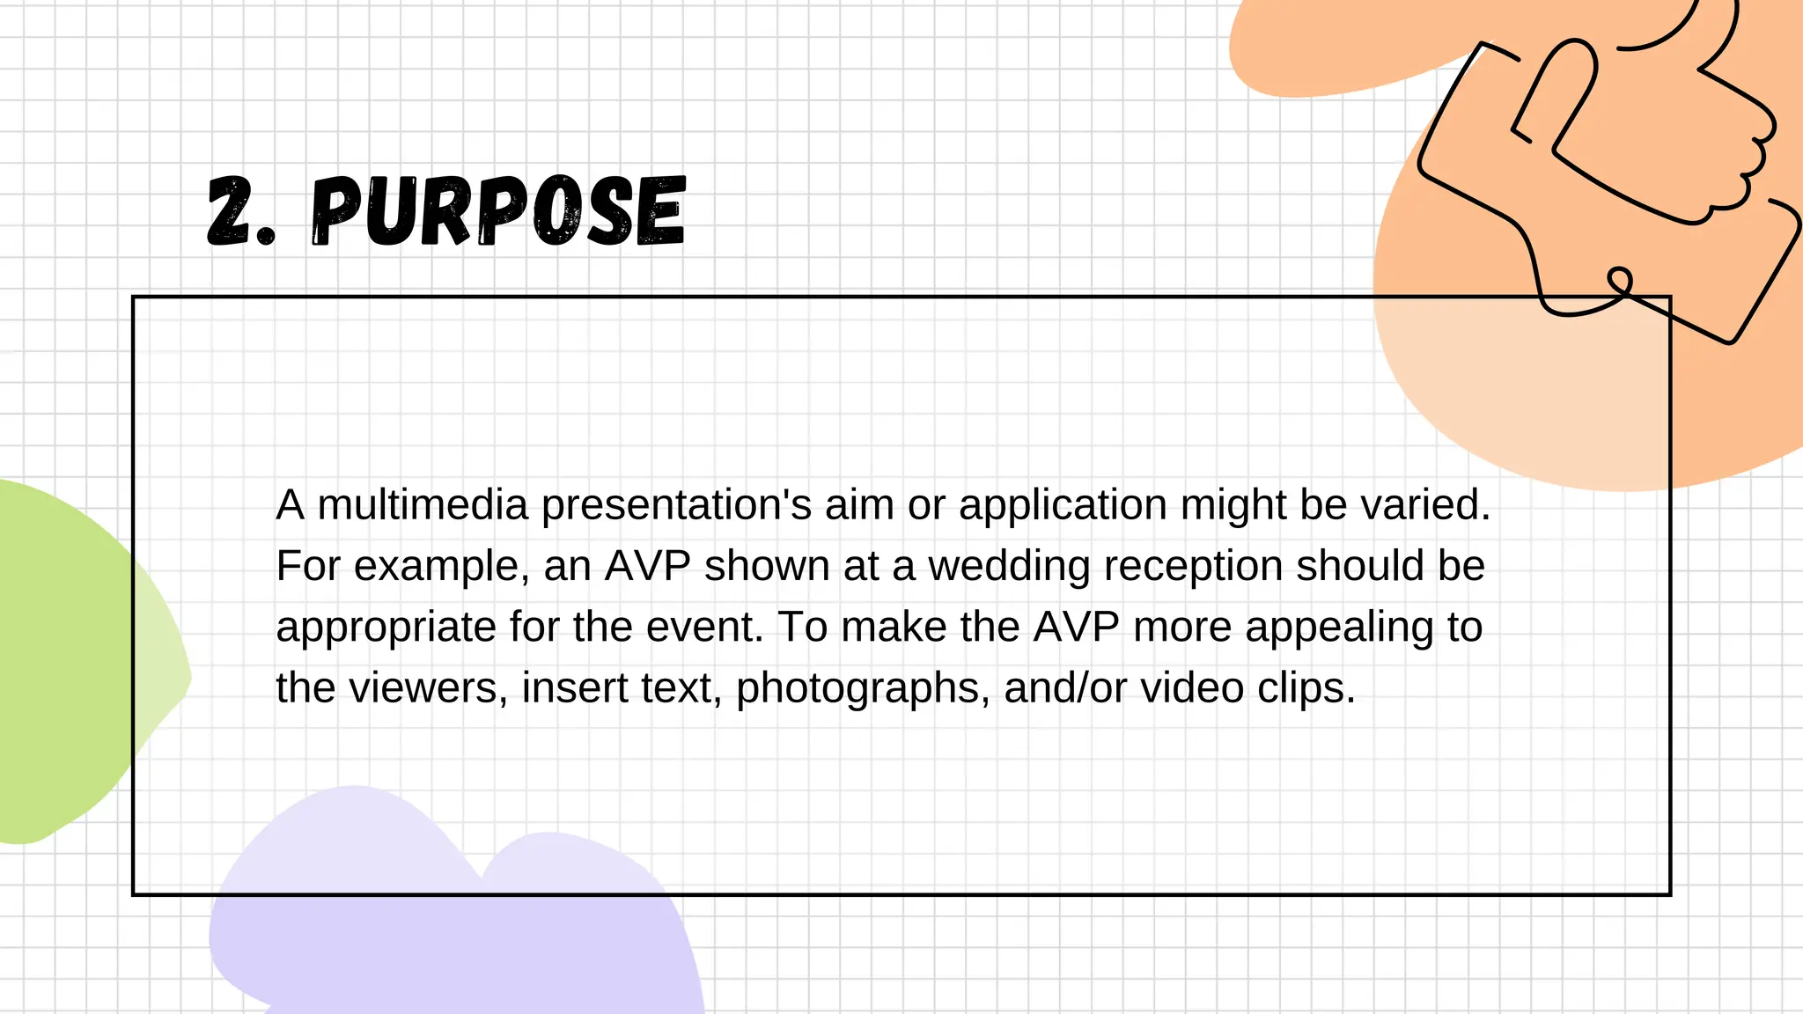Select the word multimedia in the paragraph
coord(423,505)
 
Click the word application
coord(1063,505)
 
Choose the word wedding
coord(1009,566)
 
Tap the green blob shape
coord(62,660)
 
